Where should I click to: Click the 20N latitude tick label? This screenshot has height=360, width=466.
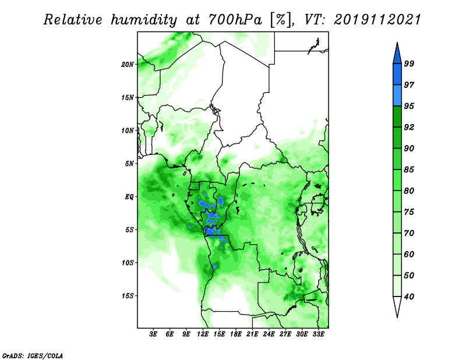point(128,64)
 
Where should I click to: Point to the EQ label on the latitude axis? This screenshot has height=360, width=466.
point(129,197)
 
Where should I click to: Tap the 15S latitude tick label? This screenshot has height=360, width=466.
point(128,296)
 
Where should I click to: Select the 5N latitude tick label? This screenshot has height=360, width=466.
point(129,164)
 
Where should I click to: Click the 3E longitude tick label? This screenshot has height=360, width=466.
point(153,334)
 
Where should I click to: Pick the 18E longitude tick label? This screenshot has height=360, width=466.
point(236,334)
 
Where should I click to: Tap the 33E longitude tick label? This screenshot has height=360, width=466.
point(318,334)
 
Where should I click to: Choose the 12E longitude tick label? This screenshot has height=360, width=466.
point(203,334)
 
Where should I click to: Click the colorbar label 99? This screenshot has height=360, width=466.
point(409,63)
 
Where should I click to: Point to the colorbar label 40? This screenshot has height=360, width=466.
point(409,297)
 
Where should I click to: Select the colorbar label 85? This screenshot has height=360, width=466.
point(409,170)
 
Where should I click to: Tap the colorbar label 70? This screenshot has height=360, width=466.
point(409,233)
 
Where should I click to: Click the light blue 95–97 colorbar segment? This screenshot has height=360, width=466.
point(397,96)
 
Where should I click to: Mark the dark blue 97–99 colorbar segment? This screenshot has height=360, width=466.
point(397,75)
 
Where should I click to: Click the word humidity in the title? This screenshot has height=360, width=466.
point(144,20)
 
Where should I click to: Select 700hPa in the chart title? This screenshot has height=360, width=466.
point(235,20)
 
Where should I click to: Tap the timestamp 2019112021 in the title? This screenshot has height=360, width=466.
point(377,20)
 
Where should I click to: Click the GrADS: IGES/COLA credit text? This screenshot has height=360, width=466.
point(33,355)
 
